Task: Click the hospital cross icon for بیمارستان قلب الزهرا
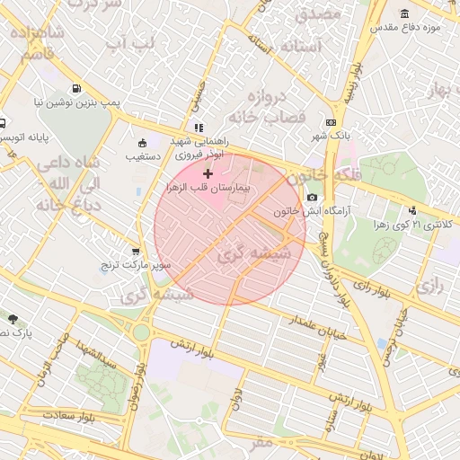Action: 208,172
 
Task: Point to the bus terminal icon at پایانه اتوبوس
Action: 4,122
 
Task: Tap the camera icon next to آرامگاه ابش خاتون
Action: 312,197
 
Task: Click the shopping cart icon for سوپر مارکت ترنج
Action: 136,252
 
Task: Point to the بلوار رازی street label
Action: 373,288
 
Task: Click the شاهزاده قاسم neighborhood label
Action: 33,44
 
